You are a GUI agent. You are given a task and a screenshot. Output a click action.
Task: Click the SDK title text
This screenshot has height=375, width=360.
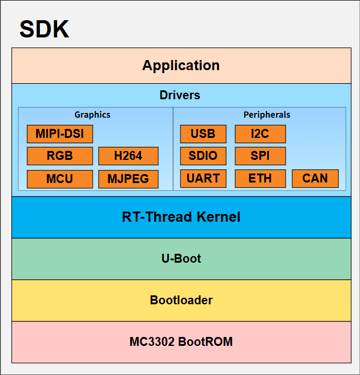[x=44, y=30]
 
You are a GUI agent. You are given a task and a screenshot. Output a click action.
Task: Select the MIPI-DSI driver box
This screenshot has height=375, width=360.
[x=60, y=134]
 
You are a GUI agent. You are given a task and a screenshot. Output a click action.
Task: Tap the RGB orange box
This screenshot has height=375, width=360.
[x=60, y=156]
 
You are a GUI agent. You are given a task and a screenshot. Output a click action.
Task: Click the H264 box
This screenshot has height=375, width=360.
[x=129, y=156]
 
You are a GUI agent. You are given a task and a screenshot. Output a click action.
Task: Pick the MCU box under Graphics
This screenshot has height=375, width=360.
[x=60, y=179]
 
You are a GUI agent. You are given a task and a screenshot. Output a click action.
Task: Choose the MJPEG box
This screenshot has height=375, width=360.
[x=129, y=179]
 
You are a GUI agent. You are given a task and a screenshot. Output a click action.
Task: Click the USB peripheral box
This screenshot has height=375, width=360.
[x=203, y=134]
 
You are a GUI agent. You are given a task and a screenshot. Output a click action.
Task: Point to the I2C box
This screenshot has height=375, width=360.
[x=260, y=134]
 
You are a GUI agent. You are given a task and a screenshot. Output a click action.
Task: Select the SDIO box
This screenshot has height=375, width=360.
[x=203, y=156]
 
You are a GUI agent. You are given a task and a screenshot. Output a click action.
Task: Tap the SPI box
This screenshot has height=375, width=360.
[x=260, y=156]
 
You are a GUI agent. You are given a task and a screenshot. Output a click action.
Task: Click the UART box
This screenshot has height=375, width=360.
[x=203, y=178]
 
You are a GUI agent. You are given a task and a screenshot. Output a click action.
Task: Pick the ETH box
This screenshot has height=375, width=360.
[x=260, y=178]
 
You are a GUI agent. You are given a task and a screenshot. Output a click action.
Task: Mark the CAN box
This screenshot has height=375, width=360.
[x=315, y=178]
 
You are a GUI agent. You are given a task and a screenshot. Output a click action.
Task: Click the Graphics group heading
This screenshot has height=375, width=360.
[x=92, y=115]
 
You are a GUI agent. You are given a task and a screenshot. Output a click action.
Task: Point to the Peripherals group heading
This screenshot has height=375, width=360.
[x=267, y=115]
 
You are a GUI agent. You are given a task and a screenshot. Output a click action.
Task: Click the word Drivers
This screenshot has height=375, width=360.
[x=180, y=95]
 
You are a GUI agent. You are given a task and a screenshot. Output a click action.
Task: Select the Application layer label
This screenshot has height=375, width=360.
[x=181, y=65]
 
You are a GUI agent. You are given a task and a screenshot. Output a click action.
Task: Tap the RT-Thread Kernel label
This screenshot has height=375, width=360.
[x=181, y=217]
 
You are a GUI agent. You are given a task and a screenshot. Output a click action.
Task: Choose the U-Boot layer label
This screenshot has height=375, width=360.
[x=181, y=259]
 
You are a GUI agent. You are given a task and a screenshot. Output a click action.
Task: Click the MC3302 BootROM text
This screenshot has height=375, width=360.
[x=181, y=342]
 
